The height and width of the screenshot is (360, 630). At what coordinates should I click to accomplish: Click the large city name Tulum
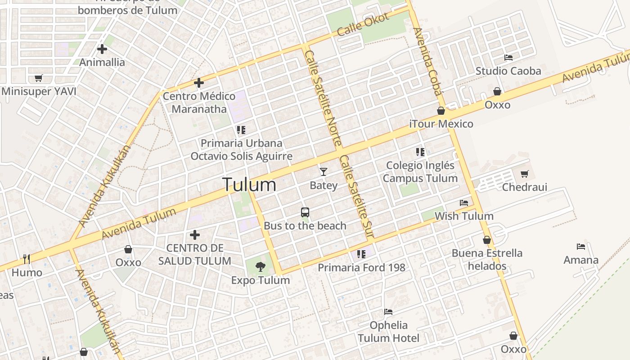pyautogui.click(x=249, y=184)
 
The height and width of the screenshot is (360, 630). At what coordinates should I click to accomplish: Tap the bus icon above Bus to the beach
pyautogui.click(x=305, y=212)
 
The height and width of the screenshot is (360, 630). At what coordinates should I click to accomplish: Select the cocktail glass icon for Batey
pyautogui.click(x=323, y=171)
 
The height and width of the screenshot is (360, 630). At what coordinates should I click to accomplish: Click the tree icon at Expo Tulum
pyautogui.click(x=260, y=267)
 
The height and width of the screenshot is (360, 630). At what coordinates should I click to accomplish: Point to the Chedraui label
pyautogui.click(x=524, y=187)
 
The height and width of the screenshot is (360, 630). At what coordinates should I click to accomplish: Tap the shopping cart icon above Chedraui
pyautogui.click(x=524, y=174)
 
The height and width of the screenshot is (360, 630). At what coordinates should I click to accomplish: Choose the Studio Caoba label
pyautogui.click(x=508, y=71)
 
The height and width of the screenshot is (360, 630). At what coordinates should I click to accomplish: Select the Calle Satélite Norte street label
pyautogui.click(x=323, y=98)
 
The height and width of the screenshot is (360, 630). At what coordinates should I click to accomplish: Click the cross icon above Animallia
pyautogui.click(x=102, y=49)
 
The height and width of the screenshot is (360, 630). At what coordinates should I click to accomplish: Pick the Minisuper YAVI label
pyautogui.click(x=39, y=91)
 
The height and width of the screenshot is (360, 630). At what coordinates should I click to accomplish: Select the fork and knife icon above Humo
pyautogui.click(x=27, y=259)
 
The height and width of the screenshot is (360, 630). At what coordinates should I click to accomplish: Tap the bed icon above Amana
pyautogui.click(x=581, y=247)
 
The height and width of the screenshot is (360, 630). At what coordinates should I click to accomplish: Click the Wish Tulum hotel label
pyautogui.click(x=463, y=216)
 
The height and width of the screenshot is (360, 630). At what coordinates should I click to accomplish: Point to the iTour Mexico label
pyautogui.click(x=441, y=124)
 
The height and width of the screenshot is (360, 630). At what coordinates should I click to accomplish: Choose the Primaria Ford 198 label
pyautogui.click(x=361, y=268)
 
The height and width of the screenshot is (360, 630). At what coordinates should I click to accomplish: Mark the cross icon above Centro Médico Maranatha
pyautogui.click(x=199, y=83)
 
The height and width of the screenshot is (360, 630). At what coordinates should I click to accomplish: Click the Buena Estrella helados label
pyautogui.click(x=487, y=259)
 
